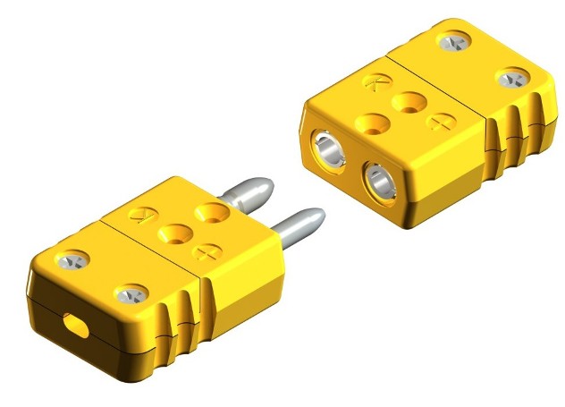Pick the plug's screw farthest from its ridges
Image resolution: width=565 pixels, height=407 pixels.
pos(71,260)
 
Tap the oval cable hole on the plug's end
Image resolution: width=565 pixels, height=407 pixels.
pos(75,326)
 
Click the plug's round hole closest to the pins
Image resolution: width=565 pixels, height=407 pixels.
pos(213,214)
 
